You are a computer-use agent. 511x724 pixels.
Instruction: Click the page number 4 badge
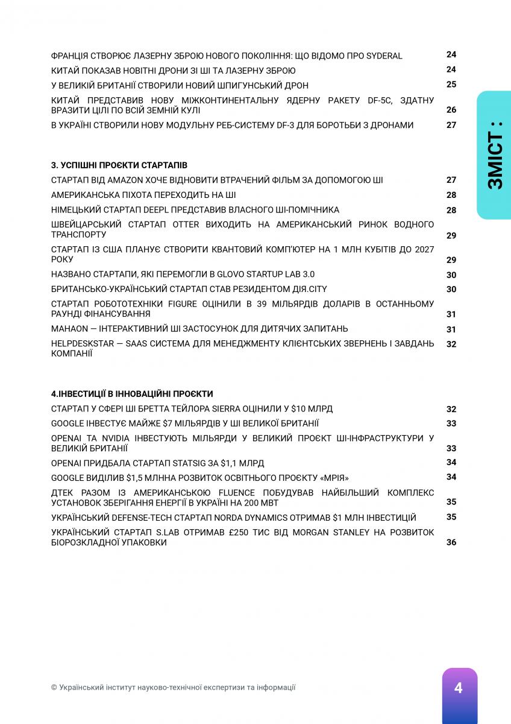pyautogui.click(x=459, y=688)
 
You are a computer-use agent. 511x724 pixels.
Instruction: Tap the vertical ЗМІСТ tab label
pyautogui.click(x=495, y=156)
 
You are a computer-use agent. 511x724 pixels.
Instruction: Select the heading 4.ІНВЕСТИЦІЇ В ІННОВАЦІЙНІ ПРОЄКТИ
pyautogui.click(x=132, y=393)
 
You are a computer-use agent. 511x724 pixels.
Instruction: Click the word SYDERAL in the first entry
pyautogui.click(x=384, y=56)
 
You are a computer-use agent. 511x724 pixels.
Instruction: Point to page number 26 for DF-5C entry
pyautogui.click(x=451, y=110)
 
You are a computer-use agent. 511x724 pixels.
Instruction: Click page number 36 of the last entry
pyautogui.click(x=451, y=542)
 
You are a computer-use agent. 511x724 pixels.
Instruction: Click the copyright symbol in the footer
pyautogui.click(x=54, y=687)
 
